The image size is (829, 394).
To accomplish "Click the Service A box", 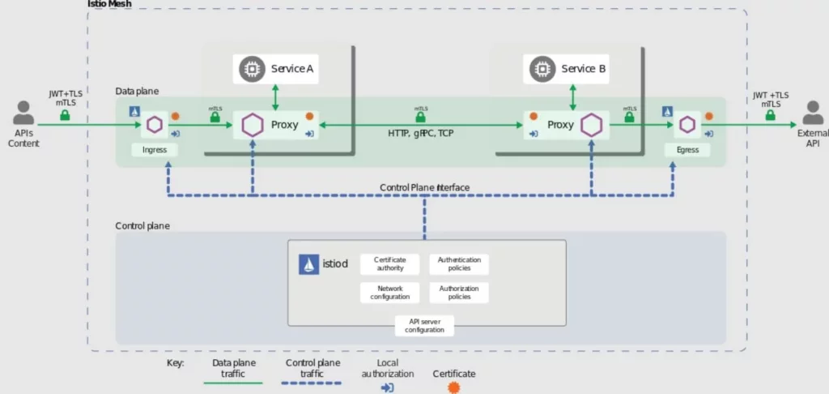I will point(275,69).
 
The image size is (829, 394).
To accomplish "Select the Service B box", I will point(566,69).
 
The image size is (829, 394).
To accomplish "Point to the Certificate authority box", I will point(389,264).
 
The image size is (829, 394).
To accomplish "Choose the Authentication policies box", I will point(459,264).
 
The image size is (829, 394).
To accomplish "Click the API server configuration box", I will point(424,326).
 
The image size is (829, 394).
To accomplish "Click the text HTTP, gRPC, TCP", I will point(420,133).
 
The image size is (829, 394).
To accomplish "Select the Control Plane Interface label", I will point(424,187).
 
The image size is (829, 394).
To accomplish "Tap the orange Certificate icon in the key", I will point(453,388).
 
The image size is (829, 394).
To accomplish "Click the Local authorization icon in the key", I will point(387,388).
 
